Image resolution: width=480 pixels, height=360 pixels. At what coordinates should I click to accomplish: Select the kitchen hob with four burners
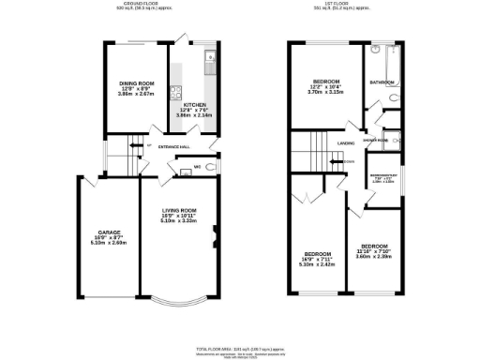click(x=173, y=93)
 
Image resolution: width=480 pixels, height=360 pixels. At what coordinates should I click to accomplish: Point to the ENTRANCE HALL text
click(x=174, y=146)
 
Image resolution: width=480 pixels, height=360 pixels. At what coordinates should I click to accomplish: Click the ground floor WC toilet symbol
click(x=211, y=167)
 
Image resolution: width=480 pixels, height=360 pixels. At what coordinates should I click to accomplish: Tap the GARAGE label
click(x=105, y=232)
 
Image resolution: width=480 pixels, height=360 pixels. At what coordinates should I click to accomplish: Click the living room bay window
click(x=176, y=301)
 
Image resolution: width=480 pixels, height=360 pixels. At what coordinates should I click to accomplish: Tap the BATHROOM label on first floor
click(x=382, y=82)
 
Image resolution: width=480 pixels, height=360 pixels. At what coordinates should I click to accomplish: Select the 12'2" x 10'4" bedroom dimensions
click(x=326, y=92)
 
